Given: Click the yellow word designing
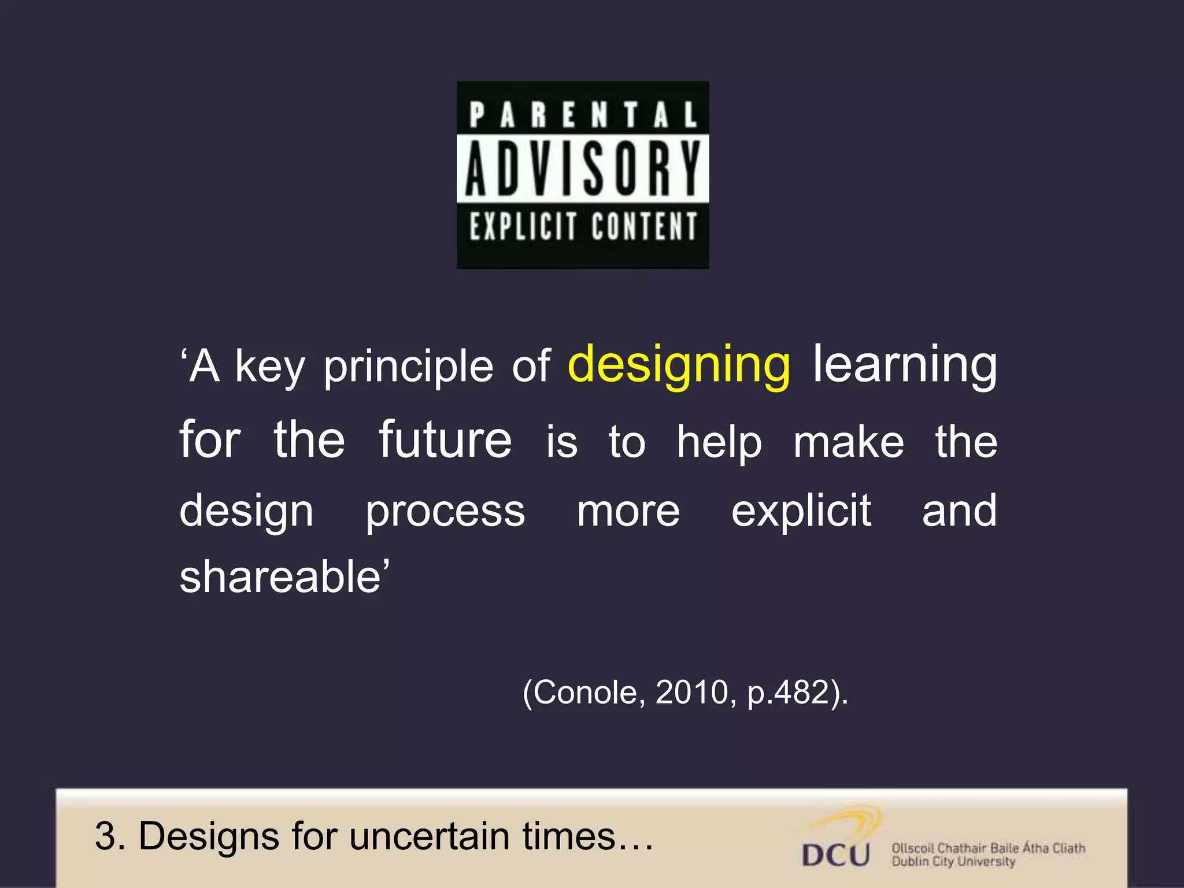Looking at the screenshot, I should point(679,366).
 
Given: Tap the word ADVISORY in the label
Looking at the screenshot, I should point(583,169).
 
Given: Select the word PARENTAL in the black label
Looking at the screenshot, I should point(583,114).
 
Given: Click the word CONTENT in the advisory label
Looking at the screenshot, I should point(645,226).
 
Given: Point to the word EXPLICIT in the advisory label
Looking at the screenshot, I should point(523,226).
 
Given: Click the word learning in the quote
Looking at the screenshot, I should point(905,366).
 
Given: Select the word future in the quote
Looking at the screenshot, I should point(445,441).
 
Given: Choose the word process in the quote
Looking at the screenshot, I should point(445,512).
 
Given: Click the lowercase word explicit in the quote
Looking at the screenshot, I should point(801,512).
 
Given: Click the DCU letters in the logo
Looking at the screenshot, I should point(836,854).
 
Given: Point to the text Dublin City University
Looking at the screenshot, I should point(953,862).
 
